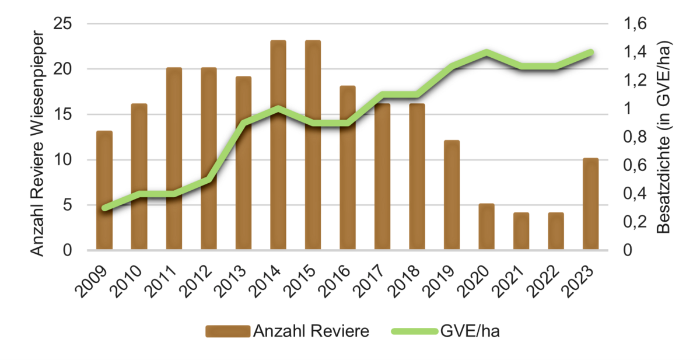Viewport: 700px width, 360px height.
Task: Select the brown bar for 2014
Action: [x=278, y=146]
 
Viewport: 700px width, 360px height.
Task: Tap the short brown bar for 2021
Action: [x=521, y=232]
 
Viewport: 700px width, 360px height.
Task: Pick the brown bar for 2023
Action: [x=590, y=204]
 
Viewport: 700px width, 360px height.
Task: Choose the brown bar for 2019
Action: [x=452, y=195]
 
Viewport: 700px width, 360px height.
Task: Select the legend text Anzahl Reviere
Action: [x=311, y=331]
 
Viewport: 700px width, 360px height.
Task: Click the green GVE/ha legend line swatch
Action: [x=413, y=331]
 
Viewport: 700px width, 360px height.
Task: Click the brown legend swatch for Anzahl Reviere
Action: [x=228, y=331]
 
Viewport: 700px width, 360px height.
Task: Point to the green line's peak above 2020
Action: [x=486, y=53]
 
